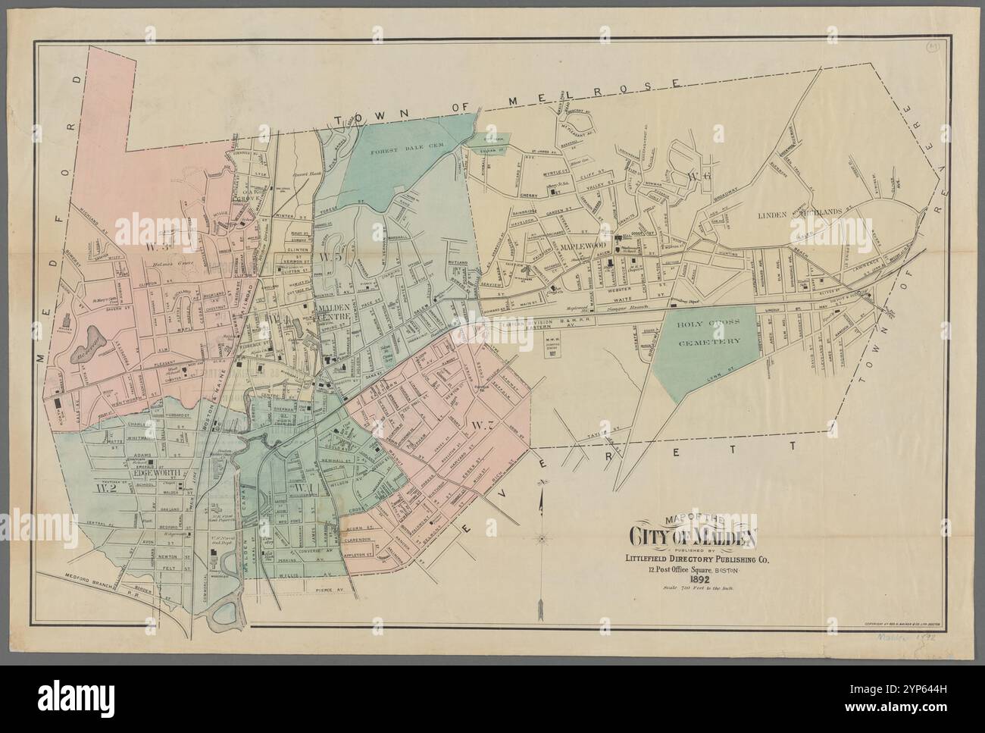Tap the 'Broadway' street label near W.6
728,183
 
